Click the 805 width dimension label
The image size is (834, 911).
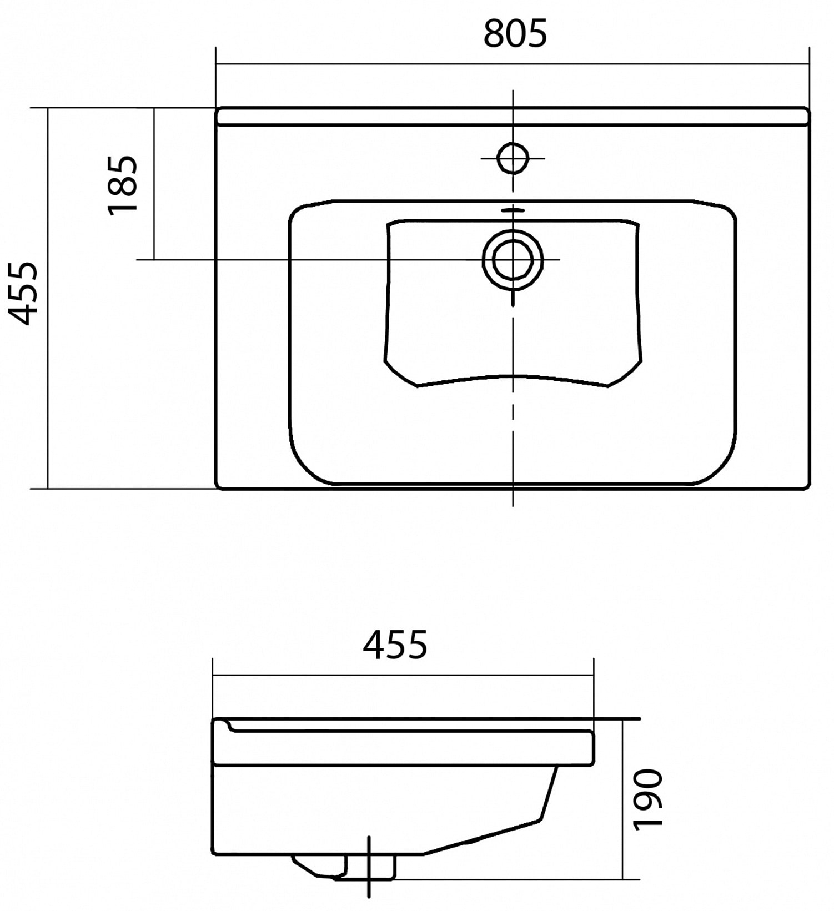point(515,33)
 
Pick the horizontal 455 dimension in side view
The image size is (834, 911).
point(395,644)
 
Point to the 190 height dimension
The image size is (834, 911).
point(648,799)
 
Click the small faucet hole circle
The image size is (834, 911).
point(513,158)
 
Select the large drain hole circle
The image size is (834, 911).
point(513,259)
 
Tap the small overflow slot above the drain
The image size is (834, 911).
point(513,210)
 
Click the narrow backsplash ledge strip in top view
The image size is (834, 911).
point(512,117)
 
